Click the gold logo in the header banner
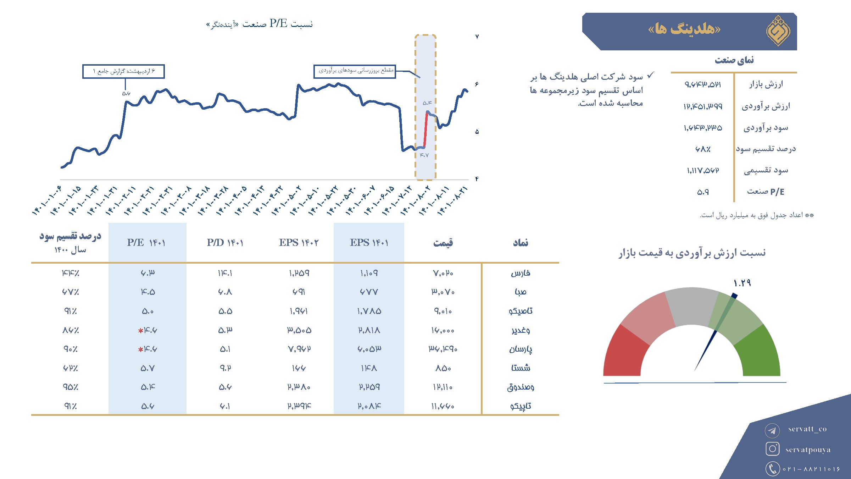click(x=778, y=31)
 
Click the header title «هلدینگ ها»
click(x=684, y=28)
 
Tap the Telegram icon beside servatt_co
click(x=772, y=431)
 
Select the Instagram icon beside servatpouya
click(x=772, y=449)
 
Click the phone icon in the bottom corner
click(x=772, y=468)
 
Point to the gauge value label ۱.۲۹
click(x=742, y=283)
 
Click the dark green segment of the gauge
click(x=759, y=351)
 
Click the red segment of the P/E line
click(x=425, y=130)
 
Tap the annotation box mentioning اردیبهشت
click(x=123, y=71)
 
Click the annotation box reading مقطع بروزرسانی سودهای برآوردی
click(x=355, y=71)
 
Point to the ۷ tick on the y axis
click(x=477, y=37)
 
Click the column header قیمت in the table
click(x=443, y=243)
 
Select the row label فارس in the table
click(x=521, y=273)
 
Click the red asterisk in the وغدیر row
click(x=140, y=331)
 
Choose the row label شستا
click(x=521, y=368)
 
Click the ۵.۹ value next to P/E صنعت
click(x=703, y=192)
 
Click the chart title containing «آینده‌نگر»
click(x=260, y=24)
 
